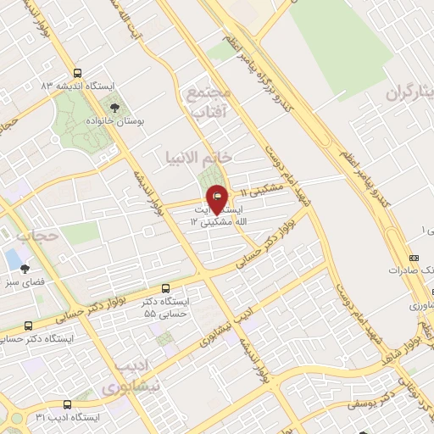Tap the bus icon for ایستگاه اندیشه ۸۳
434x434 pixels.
pos(78,73)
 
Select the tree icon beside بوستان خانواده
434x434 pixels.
pos(114,108)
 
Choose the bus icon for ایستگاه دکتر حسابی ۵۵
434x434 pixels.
pos(165,288)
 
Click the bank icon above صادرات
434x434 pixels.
pos(413,258)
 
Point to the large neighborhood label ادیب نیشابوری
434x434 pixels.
pos(131,377)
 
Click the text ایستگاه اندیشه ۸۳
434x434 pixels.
pos(53,86)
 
